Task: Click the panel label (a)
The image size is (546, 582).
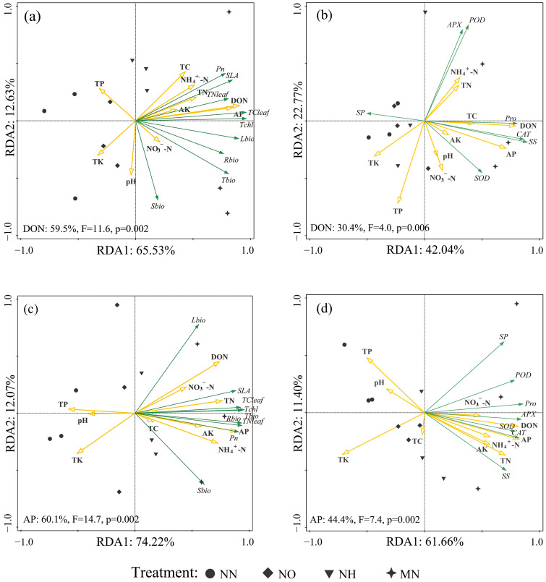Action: pos(32,17)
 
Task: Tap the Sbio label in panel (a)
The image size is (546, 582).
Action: pos(158,206)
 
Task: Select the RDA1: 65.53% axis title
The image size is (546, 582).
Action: pos(135,250)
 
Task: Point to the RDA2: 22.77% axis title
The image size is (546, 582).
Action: pos(299,120)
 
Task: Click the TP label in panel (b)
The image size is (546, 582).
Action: pos(398,211)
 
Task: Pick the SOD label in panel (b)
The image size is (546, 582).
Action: pos(482,178)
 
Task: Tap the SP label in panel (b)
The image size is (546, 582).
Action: pos(360,113)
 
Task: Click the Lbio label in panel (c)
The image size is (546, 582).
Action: pos(198,320)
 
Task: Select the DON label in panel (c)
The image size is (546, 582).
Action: pos(219,357)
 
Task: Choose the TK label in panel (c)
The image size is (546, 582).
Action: pos(77,461)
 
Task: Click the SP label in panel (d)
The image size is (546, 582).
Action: pos(503,337)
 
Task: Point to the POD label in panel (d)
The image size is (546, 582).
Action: pos(523,375)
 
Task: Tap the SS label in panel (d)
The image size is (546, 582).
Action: pos(506,476)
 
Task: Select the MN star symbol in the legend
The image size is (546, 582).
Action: pos(391,573)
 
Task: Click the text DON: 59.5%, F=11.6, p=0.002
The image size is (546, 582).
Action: pos(86,228)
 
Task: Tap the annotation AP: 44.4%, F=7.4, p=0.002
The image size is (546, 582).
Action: pos(365,520)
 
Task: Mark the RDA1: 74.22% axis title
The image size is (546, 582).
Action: pos(135,542)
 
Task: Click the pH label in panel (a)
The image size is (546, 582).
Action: pos(131,182)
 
